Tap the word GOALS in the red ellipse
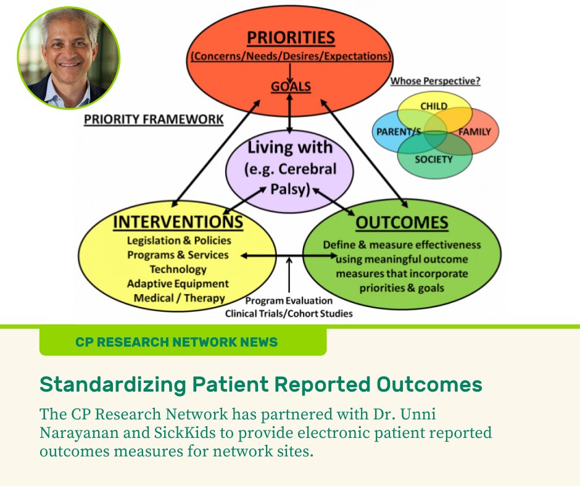coord(291,87)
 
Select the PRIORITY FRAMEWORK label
coord(154,119)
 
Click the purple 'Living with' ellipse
coord(289,168)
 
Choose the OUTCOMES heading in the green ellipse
coord(402,223)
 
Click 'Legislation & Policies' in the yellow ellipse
coord(179,241)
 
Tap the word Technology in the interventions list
coord(178,269)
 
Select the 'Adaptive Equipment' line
coord(178,284)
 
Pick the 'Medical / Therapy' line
coord(178,298)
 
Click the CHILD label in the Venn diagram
coord(433,106)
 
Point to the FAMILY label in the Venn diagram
coord(474,132)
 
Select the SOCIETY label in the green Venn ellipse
coord(433,159)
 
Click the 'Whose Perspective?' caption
coord(435,81)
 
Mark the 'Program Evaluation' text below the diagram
coord(289,301)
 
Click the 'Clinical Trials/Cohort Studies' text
coord(289,313)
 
